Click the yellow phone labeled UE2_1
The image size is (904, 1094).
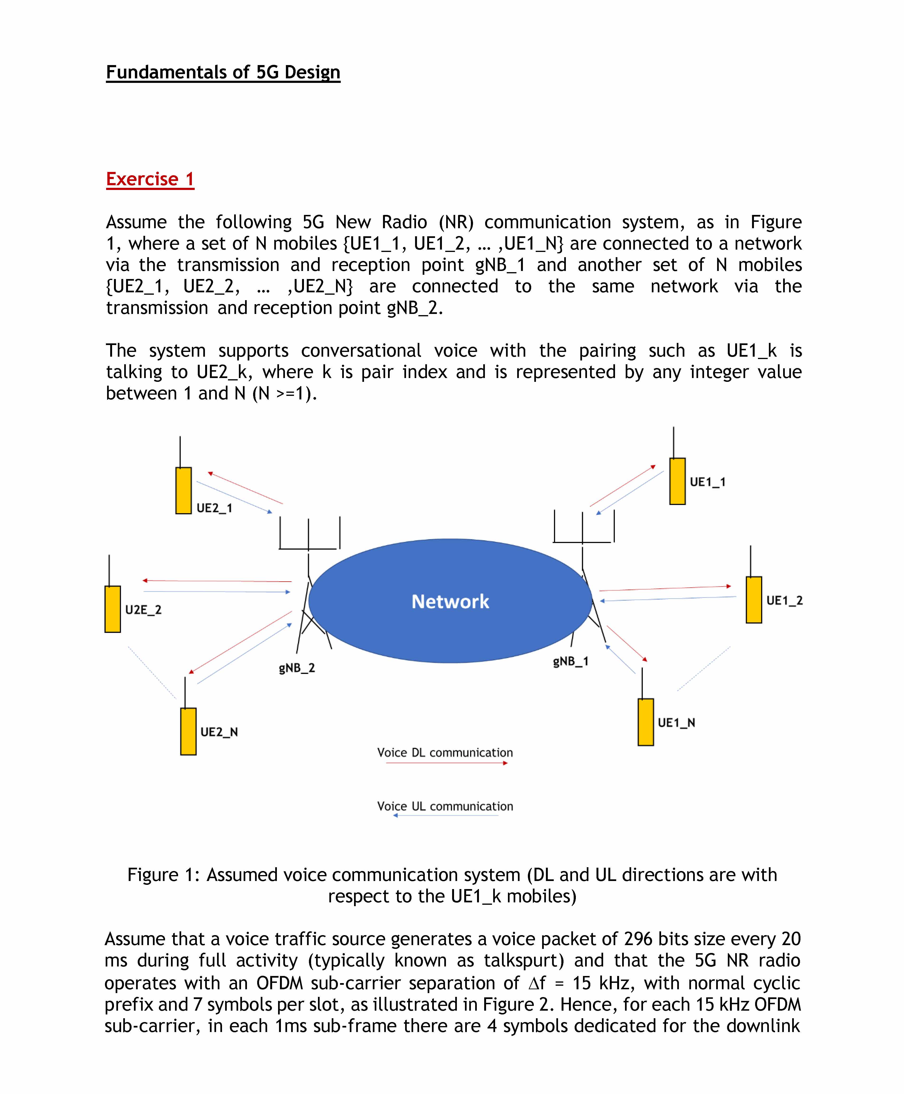183,491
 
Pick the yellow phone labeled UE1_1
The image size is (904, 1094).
677,481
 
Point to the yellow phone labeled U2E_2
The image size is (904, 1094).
113,609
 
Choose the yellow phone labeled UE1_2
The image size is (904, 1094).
753,600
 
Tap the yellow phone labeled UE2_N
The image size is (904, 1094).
188,731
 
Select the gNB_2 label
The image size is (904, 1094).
297,668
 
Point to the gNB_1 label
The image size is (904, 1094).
571,661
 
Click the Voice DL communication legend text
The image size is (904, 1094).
445,753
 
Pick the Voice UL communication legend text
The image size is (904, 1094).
445,806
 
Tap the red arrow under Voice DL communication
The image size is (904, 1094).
446,763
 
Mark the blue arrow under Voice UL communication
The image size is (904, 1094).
446,815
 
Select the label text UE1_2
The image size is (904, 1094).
784,600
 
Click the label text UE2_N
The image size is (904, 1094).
219,732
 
